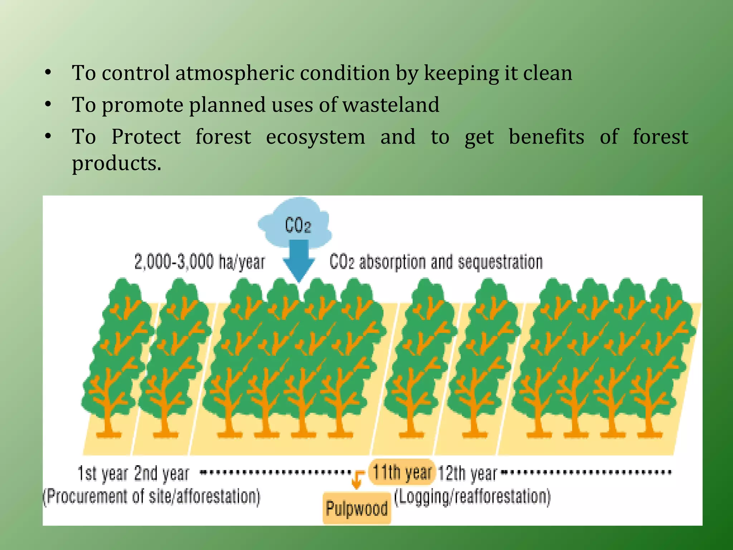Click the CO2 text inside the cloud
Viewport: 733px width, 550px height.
pyautogui.click(x=298, y=226)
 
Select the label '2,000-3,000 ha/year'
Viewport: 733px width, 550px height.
pyautogui.click(x=199, y=261)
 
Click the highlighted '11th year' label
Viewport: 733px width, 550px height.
pyautogui.click(x=402, y=472)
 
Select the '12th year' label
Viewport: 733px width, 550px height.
pyautogui.click(x=467, y=473)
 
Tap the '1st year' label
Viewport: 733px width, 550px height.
pyautogui.click(x=102, y=473)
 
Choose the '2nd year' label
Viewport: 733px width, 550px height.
pyautogui.click(x=161, y=473)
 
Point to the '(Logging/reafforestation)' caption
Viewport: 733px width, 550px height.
pyautogui.click(x=472, y=497)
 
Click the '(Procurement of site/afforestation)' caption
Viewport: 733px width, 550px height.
pyautogui.click(x=151, y=497)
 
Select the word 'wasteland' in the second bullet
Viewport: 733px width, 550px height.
pyautogui.click(x=391, y=105)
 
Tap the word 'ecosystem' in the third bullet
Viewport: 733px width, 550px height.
pyautogui.click(x=315, y=137)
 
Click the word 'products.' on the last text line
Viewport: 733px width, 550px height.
pyautogui.click(x=117, y=164)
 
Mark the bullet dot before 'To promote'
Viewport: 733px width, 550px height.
pyautogui.click(x=48, y=104)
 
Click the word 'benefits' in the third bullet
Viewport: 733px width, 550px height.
pyautogui.click(x=547, y=137)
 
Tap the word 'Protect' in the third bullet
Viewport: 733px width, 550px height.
pyautogui.click(x=146, y=137)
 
